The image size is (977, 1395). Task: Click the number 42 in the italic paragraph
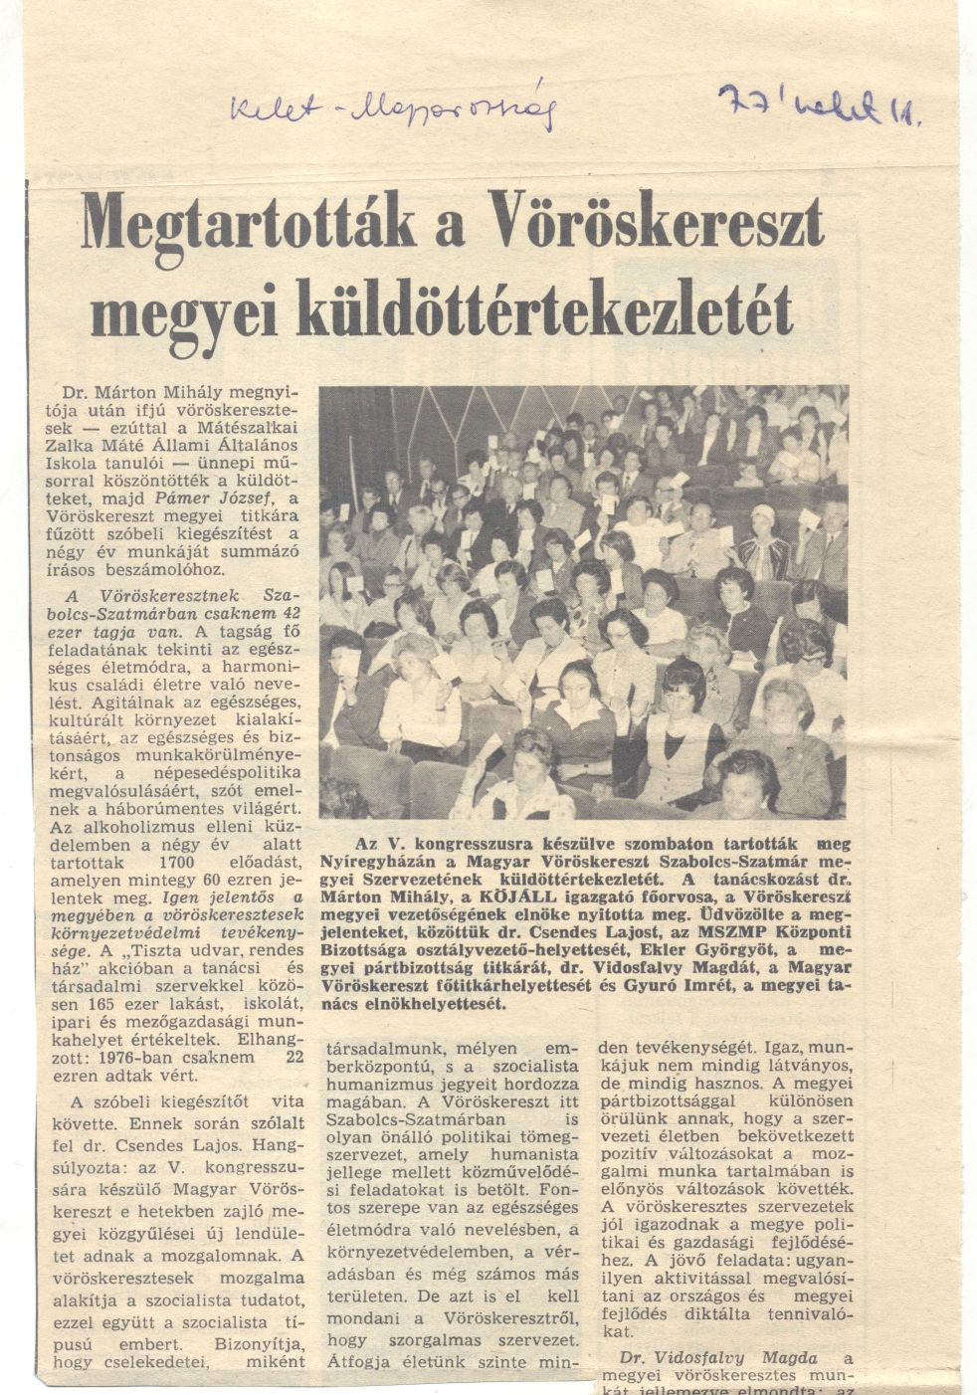click(291, 613)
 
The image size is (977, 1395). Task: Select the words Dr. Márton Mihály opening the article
click(126, 391)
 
